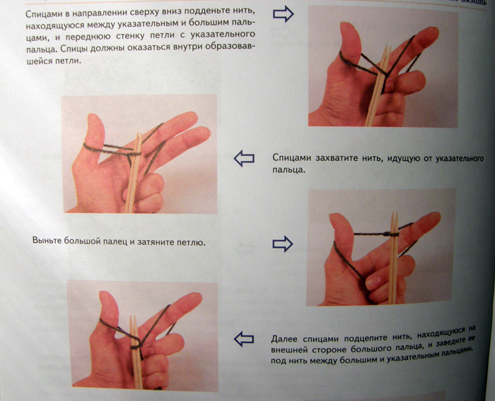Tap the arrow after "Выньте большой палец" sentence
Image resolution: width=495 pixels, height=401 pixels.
pos(282,244)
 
